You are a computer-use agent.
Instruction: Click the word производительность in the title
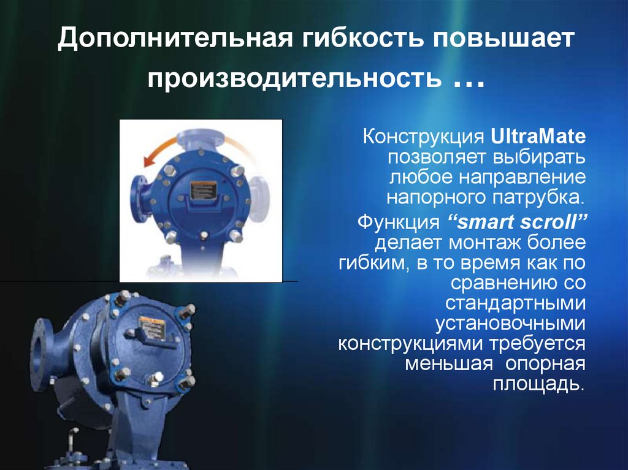pyautogui.click(x=295, y=79)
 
